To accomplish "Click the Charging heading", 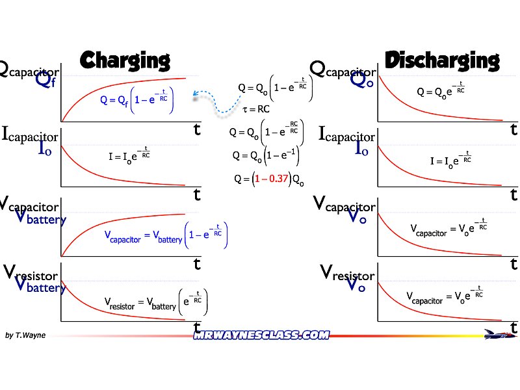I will tap(124, 60).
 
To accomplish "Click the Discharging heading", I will tap(442, 60).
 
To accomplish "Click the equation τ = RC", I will tap(255, 110).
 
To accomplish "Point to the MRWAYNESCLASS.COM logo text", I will tap(261, 335).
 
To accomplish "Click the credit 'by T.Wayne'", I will tap(25, 335).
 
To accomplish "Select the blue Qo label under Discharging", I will tap(361, 80).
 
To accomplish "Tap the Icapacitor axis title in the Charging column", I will tap(30, 135).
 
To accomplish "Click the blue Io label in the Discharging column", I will tap(362, 148).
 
